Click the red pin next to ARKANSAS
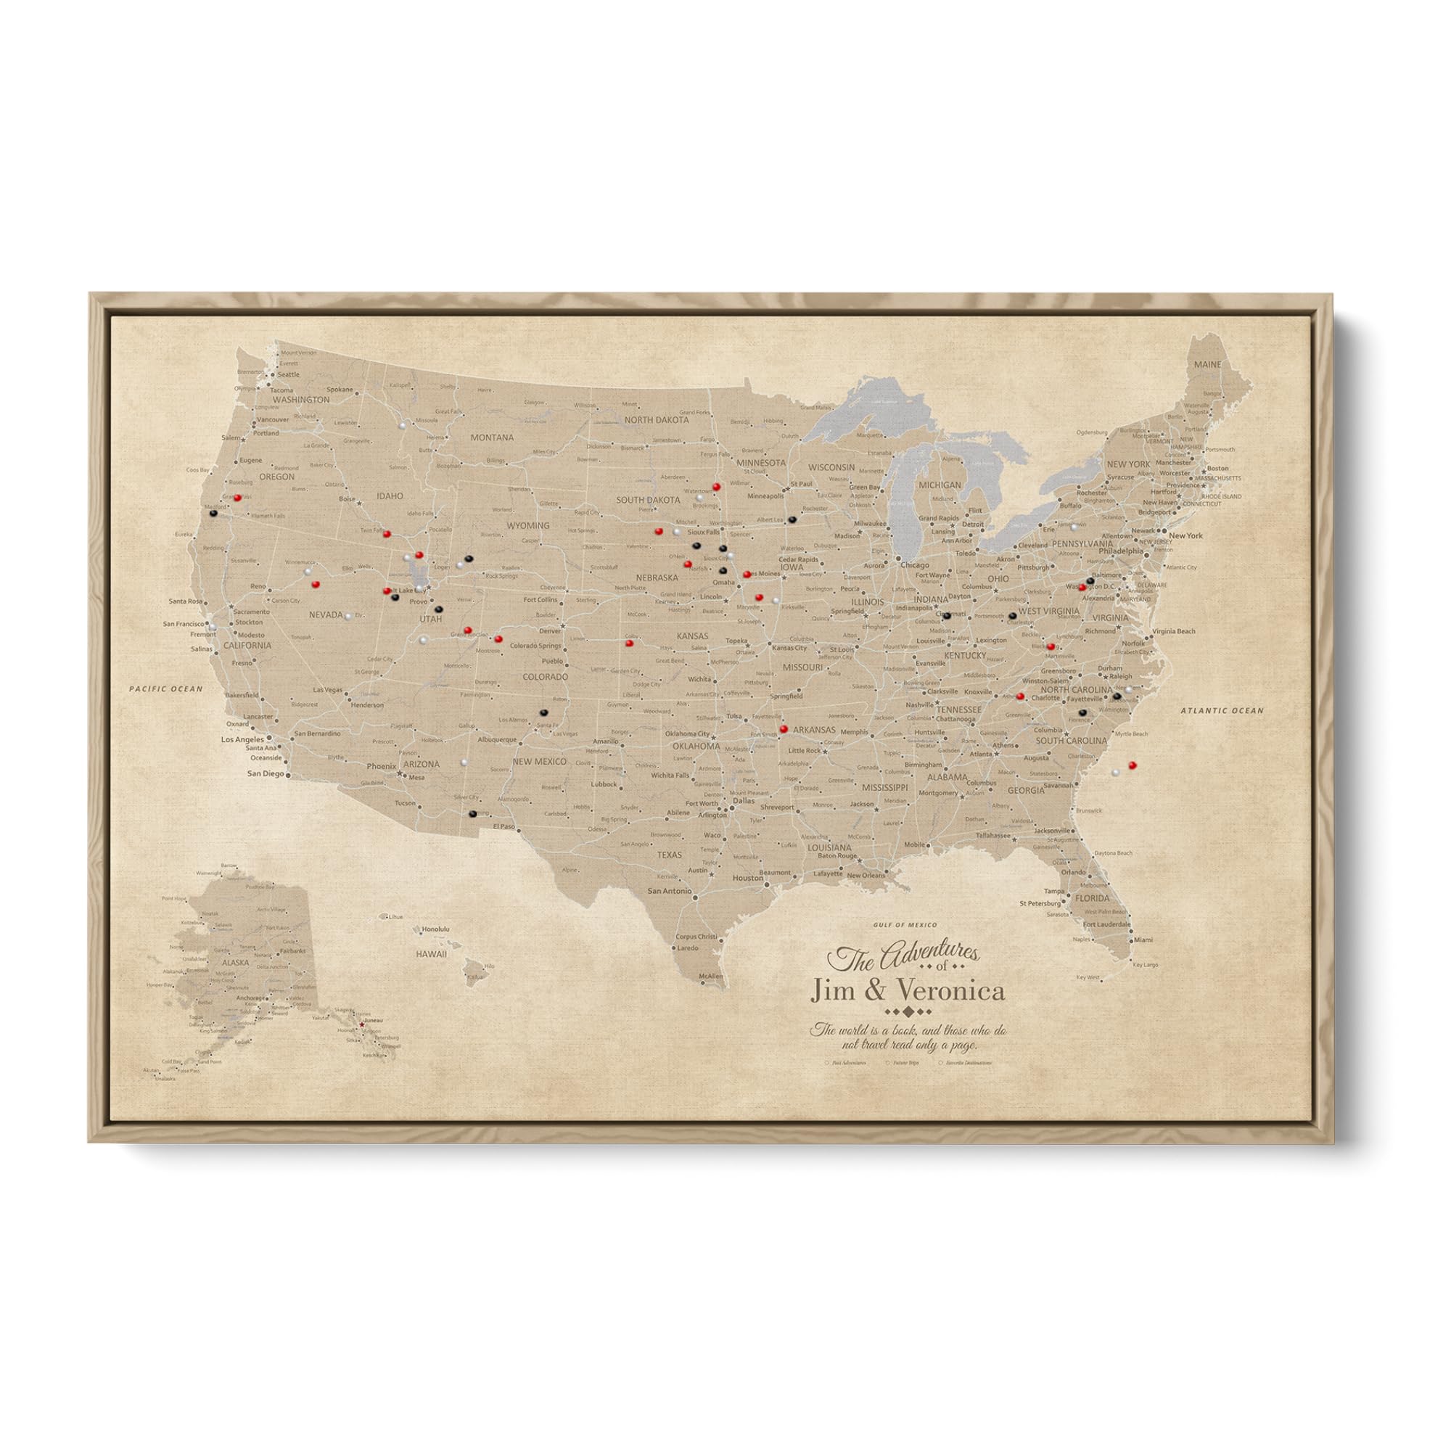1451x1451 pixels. point(784,728)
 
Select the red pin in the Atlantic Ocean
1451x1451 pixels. point(1133,765)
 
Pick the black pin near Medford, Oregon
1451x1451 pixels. point(214,514)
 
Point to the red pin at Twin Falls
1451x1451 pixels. point(387,534)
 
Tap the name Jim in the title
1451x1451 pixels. point(834,991)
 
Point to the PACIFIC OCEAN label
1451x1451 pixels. point(165,688)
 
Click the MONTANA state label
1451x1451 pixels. point(492,437)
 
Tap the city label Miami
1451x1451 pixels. point(1143,940)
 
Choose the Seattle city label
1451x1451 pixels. point(289,374)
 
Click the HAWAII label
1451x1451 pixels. point(432,954)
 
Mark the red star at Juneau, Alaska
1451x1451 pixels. point(361,1024)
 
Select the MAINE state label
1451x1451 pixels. point(1208,364)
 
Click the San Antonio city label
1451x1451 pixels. point(669,891)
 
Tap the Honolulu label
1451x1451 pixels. point(435,929)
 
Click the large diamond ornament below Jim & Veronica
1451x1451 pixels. point(908,1011)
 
